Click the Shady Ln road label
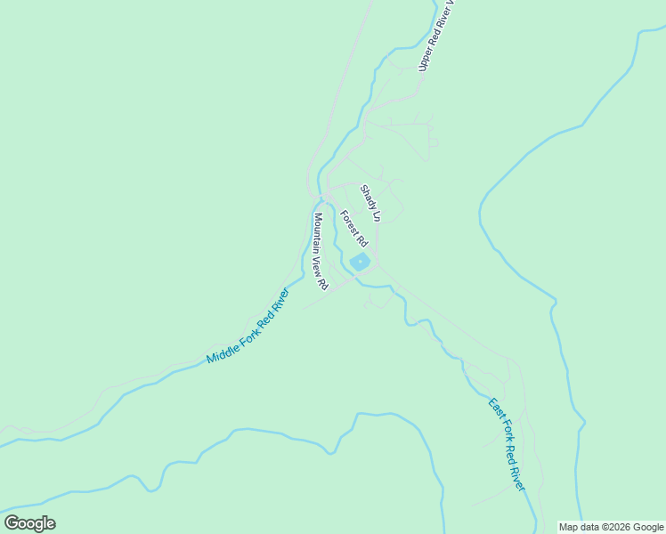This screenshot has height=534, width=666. point(370,203)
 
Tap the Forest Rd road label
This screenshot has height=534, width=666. point(353,228)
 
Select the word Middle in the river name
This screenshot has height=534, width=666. point(219,350)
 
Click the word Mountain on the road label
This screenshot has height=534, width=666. point(318,233)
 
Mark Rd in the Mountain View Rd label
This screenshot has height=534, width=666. point(324,285)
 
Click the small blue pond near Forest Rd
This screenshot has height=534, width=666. point(360,262)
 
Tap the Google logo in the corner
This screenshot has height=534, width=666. point(29,523)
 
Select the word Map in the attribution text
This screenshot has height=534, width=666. point(569,527)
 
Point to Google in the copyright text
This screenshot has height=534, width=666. point(648,527)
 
